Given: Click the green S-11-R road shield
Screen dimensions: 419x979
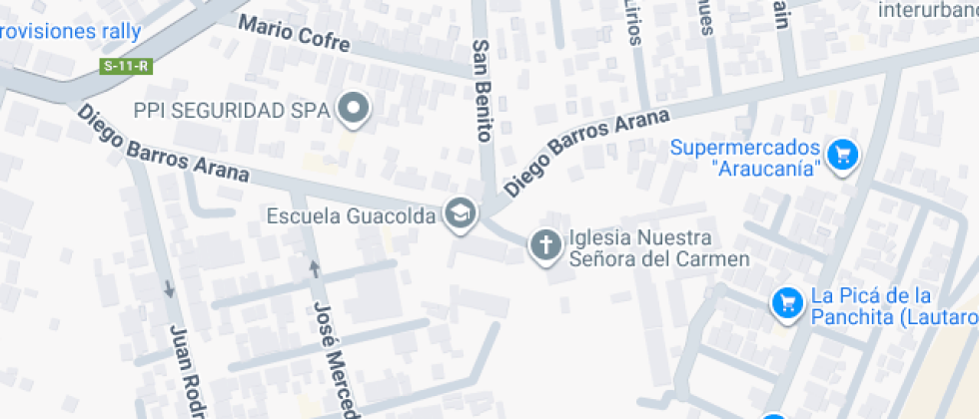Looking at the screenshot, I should pyautogui.click(x=126, y=67).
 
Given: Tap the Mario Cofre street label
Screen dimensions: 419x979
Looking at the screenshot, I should pyautogui.click(x=295, y=35).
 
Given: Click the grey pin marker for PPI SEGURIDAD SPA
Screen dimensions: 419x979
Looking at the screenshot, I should pyautogui.click(x=353, y=108).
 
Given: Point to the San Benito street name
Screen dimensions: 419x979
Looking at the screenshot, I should pyautogui.click(x=483, y=91).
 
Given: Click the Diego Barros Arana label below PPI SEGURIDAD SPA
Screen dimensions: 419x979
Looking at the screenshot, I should pyautogui.click(x=162, y=144).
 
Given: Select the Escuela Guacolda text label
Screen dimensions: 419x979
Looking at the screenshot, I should pyautogui.click(x=352, y=215).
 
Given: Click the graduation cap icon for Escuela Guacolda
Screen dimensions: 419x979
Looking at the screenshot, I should pyautogui.click(x=460, y=212).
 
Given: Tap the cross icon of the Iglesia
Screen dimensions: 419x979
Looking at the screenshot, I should pyautogui.click(x=545, y=244).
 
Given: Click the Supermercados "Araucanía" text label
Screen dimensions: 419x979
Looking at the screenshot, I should pyautogui.click(x=746, y=157).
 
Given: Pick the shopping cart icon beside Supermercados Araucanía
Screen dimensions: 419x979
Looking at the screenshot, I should pyautogui.click(x=844, y=155).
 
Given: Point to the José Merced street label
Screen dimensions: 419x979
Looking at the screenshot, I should pyautogui.click(x=337, y=359).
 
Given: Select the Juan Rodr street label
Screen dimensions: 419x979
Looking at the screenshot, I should pyautogui.click(x=187, y=372).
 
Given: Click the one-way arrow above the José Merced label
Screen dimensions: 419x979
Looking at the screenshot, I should pyautogui.click(x=315, y=268).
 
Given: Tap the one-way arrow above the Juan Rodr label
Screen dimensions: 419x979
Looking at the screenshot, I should pyautogui.click(x=169, y=289).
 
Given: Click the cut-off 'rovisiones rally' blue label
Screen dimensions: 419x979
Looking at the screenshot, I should pyautogui.click(x=70, y=31).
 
